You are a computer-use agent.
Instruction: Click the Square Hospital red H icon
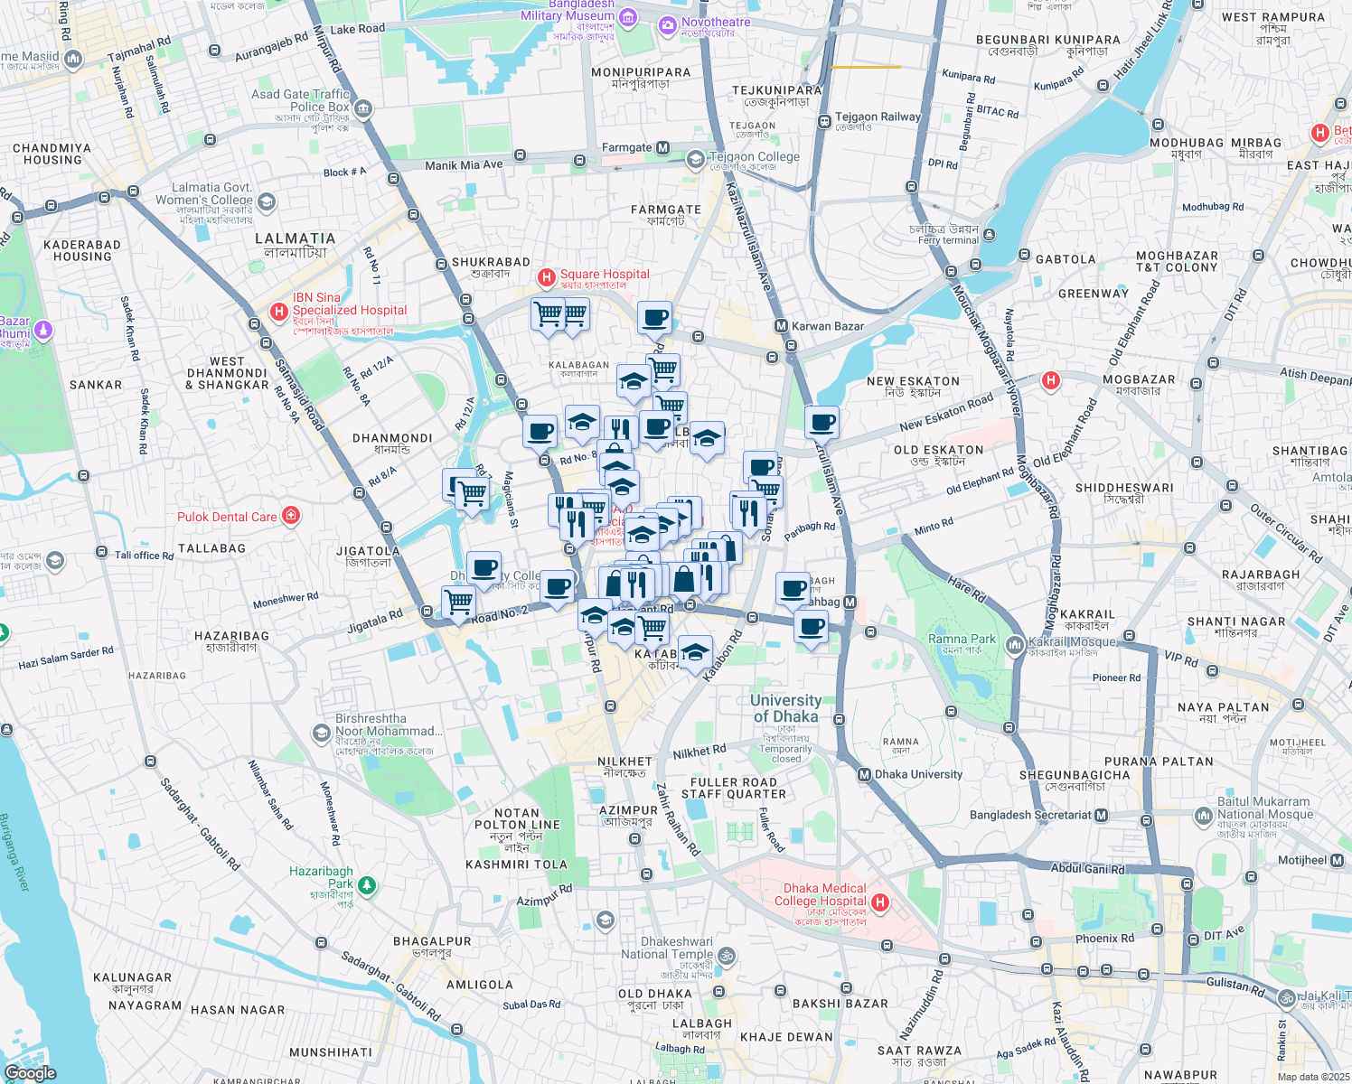pos(546,276)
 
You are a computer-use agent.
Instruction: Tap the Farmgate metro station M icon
pos(663,147)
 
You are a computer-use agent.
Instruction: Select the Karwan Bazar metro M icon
pos(781,326)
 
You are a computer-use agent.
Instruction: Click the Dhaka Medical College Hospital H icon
pos(880,902)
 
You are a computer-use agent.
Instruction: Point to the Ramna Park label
pos(962,639)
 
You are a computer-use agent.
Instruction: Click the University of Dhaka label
pos(785,708)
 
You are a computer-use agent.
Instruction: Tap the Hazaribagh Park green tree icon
pos(366,885)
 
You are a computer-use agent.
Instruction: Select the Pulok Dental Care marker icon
pos(291,516)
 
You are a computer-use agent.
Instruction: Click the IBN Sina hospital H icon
pos(279,313)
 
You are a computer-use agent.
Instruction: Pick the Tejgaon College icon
pos(695,160)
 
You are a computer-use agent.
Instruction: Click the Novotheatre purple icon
pos(668,24)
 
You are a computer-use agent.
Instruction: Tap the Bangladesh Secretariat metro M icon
pos(1101,815)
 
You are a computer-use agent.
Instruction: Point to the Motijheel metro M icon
pos(1337,860)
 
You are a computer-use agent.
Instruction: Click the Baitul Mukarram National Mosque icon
pos(1203,816)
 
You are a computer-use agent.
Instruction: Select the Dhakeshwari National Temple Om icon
pos(726,955)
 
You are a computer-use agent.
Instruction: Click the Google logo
pos(30,1072)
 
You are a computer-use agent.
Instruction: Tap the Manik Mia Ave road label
pos(464,165)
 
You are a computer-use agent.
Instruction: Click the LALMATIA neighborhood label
pos(295,238)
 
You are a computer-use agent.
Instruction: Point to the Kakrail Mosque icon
pos(1016,644)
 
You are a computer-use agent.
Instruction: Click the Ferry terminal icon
pos(989,235)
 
